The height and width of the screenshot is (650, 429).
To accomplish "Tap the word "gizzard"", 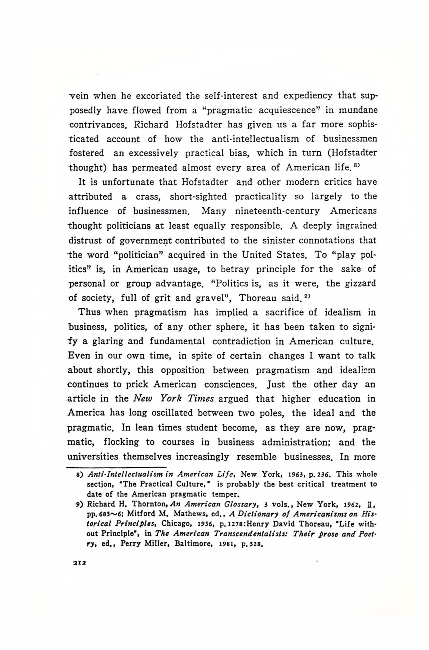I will pos(360,283).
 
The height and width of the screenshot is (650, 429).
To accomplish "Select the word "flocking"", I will pos(121,442).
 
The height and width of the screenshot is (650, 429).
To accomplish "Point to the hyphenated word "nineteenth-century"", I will pos(277,211).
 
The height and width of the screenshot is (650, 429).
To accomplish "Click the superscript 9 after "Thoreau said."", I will pos(306,296).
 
